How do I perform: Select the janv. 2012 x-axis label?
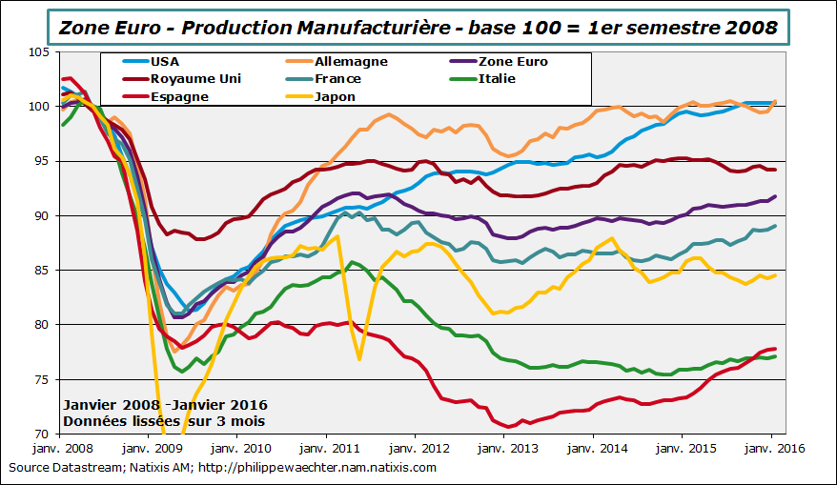click(x=415, y=448)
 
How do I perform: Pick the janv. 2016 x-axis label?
click(x=768, y=448)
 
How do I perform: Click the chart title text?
click(x=418, y=27)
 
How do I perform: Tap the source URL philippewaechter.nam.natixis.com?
click(x=330, y=467)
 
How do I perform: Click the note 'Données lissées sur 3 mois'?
click(x=163, y=420)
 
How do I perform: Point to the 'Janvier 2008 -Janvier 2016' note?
click(x=165, y=405)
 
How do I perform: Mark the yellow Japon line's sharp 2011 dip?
click(x=359, y=359)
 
